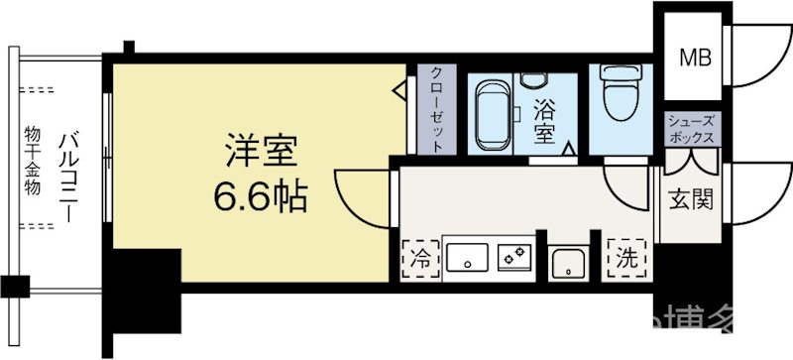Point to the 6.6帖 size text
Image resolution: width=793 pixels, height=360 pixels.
(258, 198)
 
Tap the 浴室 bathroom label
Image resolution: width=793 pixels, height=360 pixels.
(544, 119)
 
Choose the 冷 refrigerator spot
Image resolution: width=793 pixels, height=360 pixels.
(420, 261)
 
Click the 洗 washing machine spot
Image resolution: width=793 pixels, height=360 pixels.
(627, 261)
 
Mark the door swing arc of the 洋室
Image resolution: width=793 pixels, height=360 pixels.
(359, 193)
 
